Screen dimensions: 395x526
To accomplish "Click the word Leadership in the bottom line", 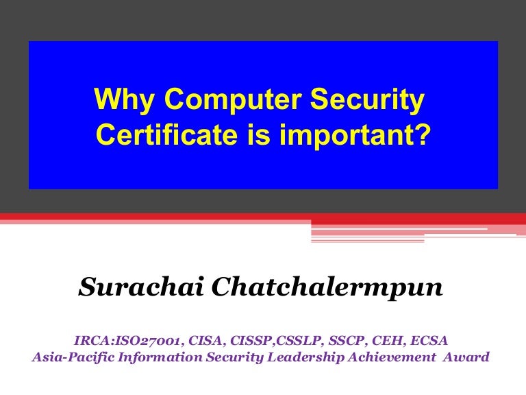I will tap(291, 357).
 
